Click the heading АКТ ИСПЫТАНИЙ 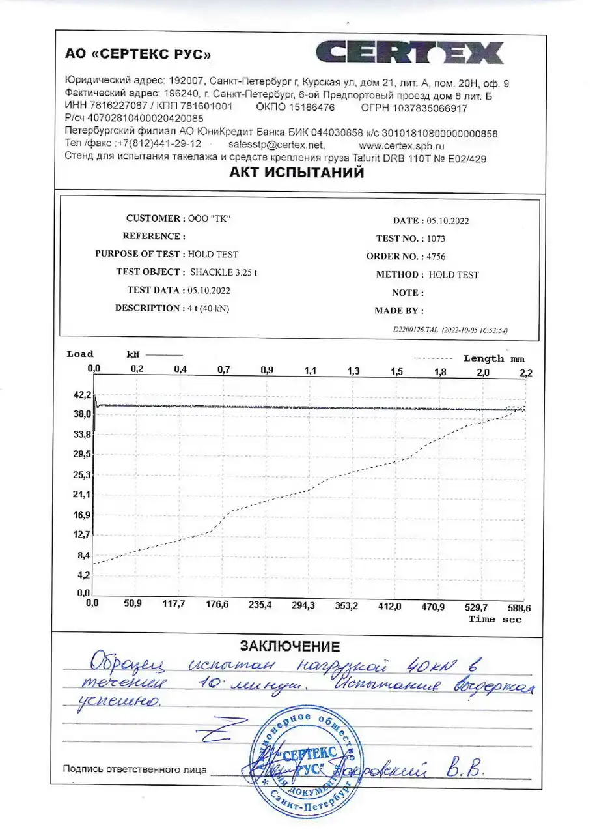pyautogui.click(x=296, y=173)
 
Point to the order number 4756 pyautogui.click(x=437, y=257)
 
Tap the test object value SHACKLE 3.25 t pyautogui.click(x=223, y=272)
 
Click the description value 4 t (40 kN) pyautogui.click(x=207, y=308)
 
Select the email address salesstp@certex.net pyautogui.click(x=277, y=145)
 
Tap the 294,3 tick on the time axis pyautogui.click(x=303, y=605)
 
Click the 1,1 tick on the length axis pyautogui.click(x=310, y=371)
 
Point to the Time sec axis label pyautogui.click(x=495, y=619)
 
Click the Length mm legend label pyautogui.click(x=493, y=358)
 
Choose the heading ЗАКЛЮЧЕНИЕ pyautogui.click(x=290, y=646)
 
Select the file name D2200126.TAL pyautogui.click(x=416, y=330)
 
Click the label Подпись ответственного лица pyautogui.click(x=135, y=769)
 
